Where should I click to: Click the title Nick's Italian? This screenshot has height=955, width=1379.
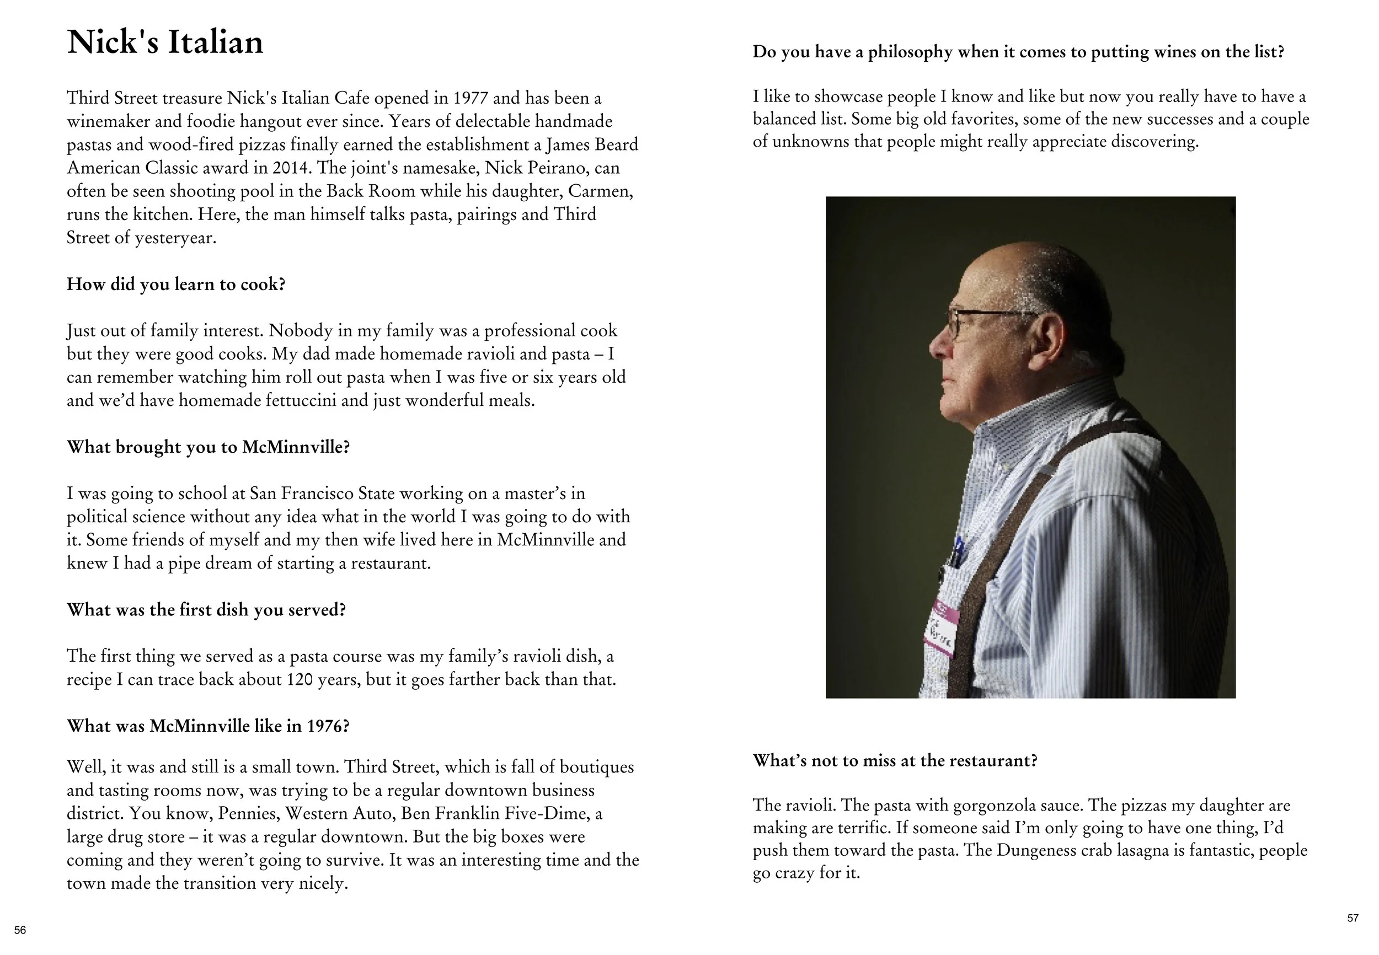pyautogui.click(x=164, y=42)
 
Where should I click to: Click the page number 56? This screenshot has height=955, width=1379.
pyautogui.click(x=20, y=930)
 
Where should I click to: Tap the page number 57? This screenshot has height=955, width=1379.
pyautogui.click(x=1353, y=918)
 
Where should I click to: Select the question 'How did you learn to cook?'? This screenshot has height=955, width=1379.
pyautogui.click(x=176, y=283)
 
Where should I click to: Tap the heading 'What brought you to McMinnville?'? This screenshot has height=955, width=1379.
pyautogui.click(x=208, y=447)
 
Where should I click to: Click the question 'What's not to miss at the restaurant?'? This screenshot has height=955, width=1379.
pyautogui.click(x=894, y=760)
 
